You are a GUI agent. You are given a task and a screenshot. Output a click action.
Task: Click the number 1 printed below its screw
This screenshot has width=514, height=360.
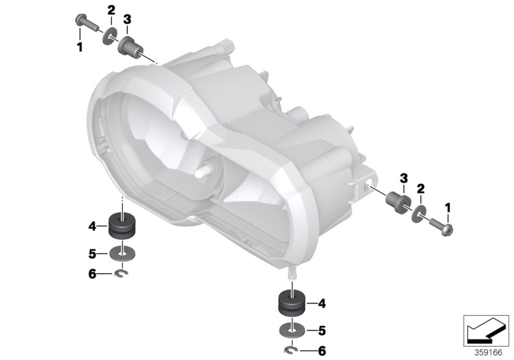click(x=80, y=47)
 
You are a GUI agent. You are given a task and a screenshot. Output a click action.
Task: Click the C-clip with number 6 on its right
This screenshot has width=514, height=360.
click(x=292, y=351)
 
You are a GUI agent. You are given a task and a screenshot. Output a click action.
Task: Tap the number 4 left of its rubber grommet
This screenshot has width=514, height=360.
click(x=93, y=226)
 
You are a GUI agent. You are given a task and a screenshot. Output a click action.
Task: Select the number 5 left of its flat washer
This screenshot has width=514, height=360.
click(x=93, y=253)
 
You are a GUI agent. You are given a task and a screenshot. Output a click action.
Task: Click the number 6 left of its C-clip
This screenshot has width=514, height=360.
click(x=93, y=274)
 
